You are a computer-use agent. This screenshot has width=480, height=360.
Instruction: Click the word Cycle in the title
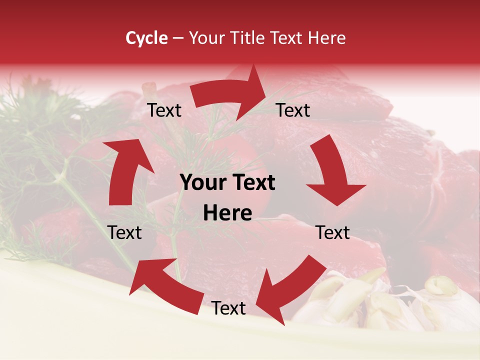point(146,38)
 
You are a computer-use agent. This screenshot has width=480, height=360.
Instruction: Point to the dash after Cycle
point(177,38)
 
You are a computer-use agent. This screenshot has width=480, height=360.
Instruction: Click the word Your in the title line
point(205,38)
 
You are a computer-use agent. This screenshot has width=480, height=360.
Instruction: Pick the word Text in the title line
point(282,38)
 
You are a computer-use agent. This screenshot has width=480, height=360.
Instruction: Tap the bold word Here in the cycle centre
point(227,213)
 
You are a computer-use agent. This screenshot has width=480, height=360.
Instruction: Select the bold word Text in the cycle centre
point(252,183)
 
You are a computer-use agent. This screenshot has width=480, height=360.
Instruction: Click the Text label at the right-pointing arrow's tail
point(164,110)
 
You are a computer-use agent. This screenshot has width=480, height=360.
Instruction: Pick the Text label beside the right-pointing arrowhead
point(293,110)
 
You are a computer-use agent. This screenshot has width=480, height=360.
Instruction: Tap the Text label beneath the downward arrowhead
point(333,232)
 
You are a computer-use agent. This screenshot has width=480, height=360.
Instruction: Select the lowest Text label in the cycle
point(228,308)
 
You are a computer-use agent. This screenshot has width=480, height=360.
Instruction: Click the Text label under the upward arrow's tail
point(125,232)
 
